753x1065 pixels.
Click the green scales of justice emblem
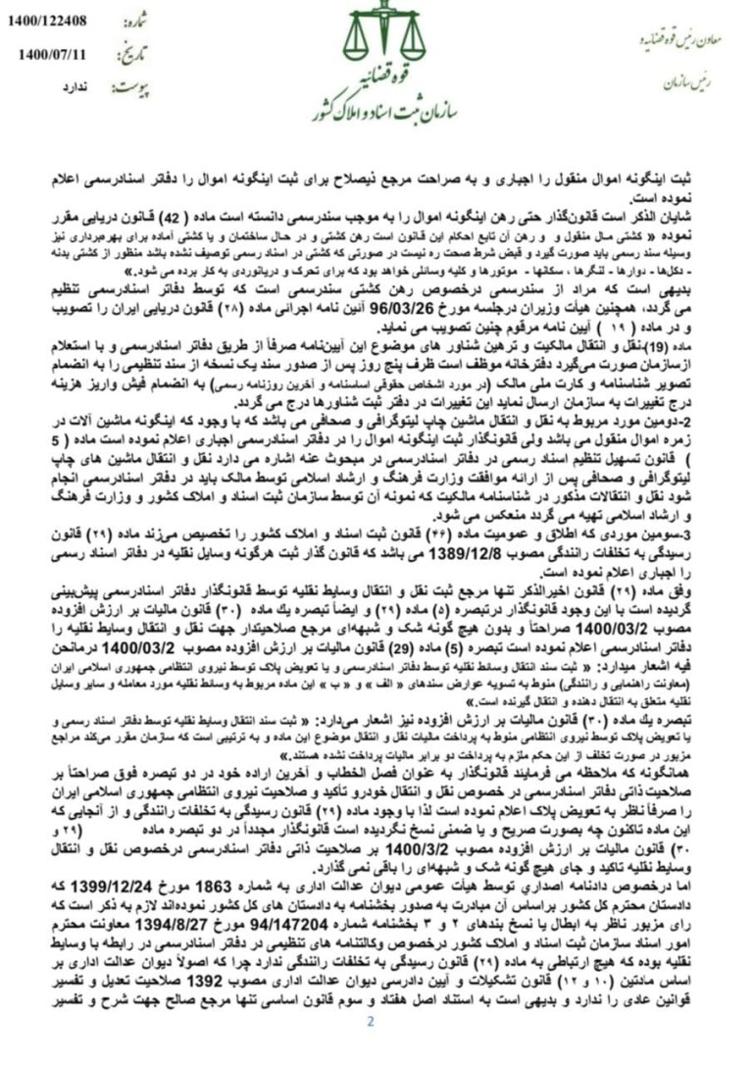click(370, 33)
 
